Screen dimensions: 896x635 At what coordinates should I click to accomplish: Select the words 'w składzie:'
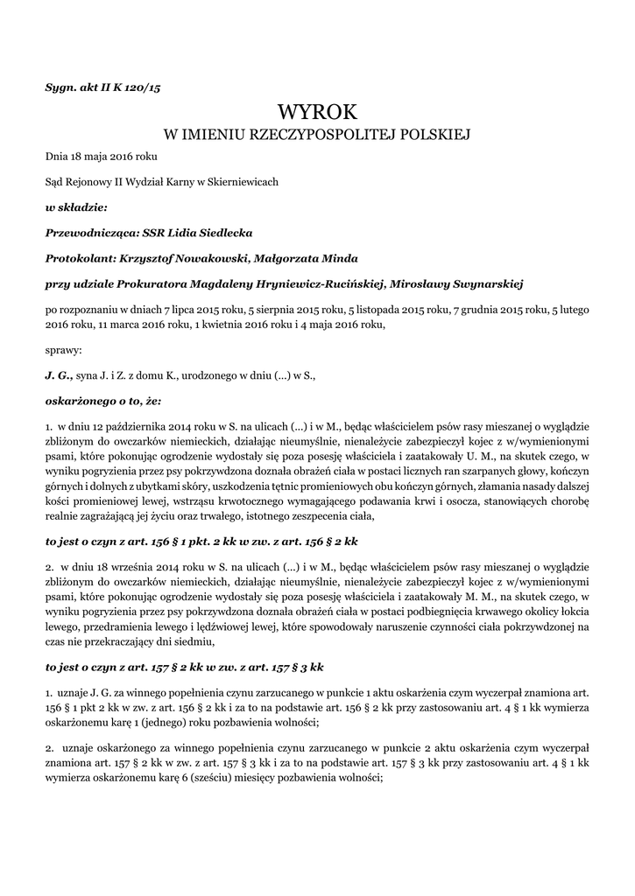(76, 208)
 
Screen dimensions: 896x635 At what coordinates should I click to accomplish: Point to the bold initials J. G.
(59, 374)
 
